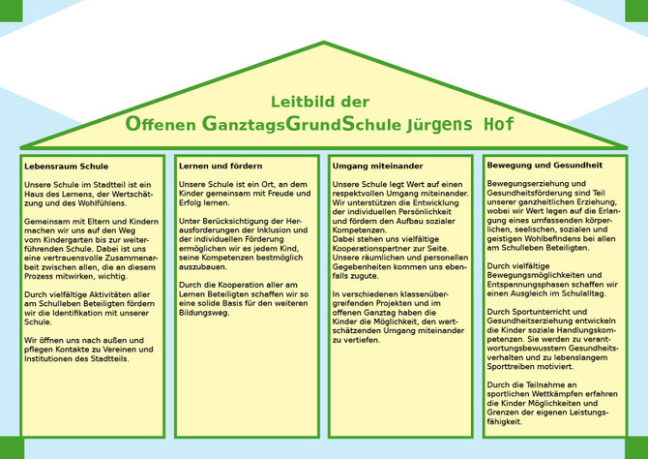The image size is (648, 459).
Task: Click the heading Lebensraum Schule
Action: (x=66, y=167)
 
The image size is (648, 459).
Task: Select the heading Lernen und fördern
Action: (x=221, y=166)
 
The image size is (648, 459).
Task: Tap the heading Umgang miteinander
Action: (x=377, y=166)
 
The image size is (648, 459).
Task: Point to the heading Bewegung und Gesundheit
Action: (x=545, y=166)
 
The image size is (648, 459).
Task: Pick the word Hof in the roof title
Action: (x=499, y=124)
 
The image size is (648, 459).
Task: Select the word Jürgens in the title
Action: (x=439, y=124)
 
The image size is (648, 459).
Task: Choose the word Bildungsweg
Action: (x=203, y=313)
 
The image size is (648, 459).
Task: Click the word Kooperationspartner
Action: (x=375, y=249)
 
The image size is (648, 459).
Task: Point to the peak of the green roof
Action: (x=324, y=43)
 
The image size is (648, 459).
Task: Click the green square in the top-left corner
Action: (x=12, y=11)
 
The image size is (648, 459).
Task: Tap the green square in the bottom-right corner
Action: (x=636, y=448)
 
